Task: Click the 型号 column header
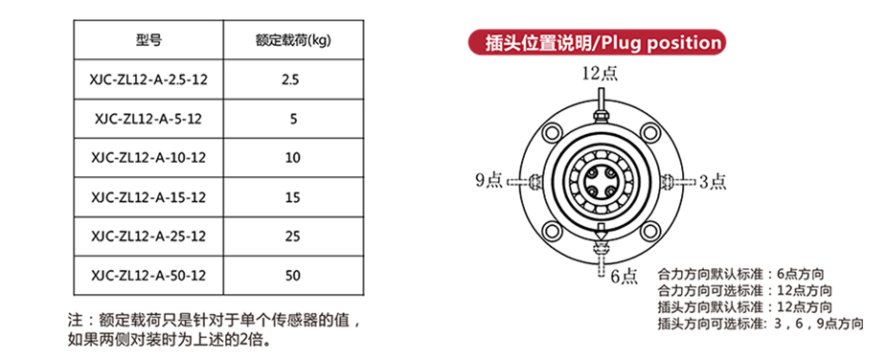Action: (x=148, y=40)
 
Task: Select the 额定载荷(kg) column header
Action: (x=293, y=40)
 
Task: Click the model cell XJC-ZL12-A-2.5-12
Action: (x=148, y=79)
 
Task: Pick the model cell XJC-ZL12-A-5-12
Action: (x=148, y=119)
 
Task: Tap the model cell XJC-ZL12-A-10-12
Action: (x=148, y=158)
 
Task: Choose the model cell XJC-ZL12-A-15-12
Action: (x=148, y=197)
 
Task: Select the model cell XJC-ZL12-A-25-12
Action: (x=148, y=236)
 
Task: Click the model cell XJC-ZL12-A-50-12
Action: (x=148, y=276)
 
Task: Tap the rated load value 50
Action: (x=293, y=276)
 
